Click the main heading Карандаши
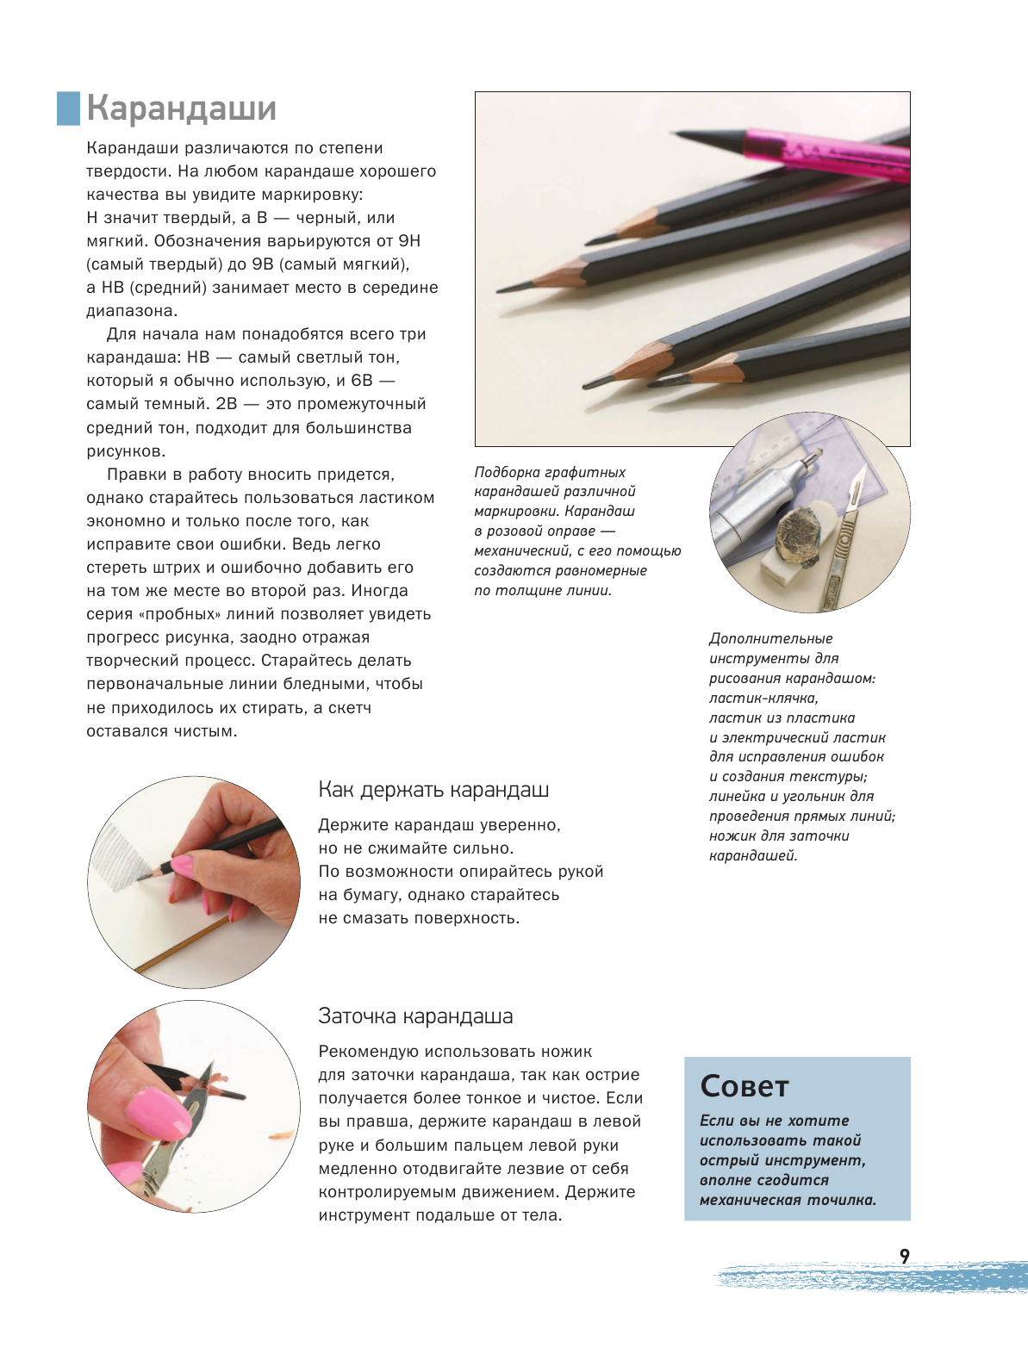[x=182, y=109]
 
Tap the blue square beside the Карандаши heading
[x=68, y=109]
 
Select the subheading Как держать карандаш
[x=433, y=790]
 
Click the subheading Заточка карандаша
[x=415, y=1016]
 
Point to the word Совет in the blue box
[x=744, y=1087]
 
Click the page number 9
[x=904, y=1257]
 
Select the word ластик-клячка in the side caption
[x=763, y=699]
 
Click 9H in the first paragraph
[x=408, y=241]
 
